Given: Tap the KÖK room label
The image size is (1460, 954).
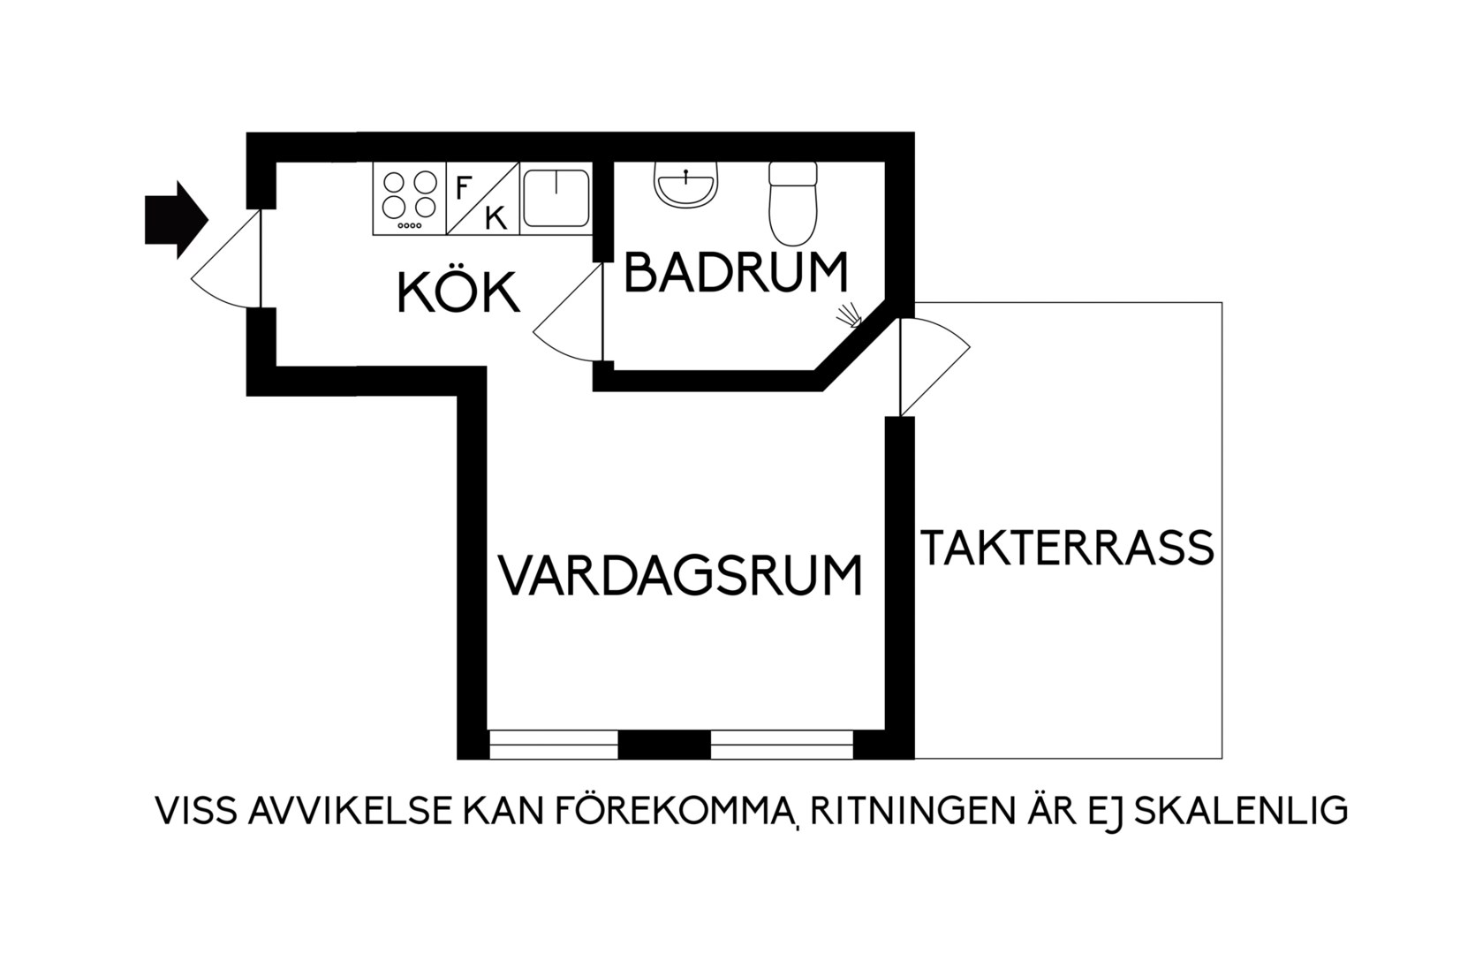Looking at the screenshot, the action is point(459,293).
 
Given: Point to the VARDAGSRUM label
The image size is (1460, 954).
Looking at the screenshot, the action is point(680,575).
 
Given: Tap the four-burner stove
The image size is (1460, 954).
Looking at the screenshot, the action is point(409,198).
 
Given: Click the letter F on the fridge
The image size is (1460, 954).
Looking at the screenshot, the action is point(463,187).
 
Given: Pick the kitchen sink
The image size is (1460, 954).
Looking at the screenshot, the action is point(556,198).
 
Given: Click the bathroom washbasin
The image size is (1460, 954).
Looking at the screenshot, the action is point(685,185).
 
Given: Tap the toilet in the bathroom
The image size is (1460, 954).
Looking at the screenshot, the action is point(792,203).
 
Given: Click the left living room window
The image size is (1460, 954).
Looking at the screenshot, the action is point(553,744).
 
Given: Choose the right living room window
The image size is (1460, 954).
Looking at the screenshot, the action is point(782,744).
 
